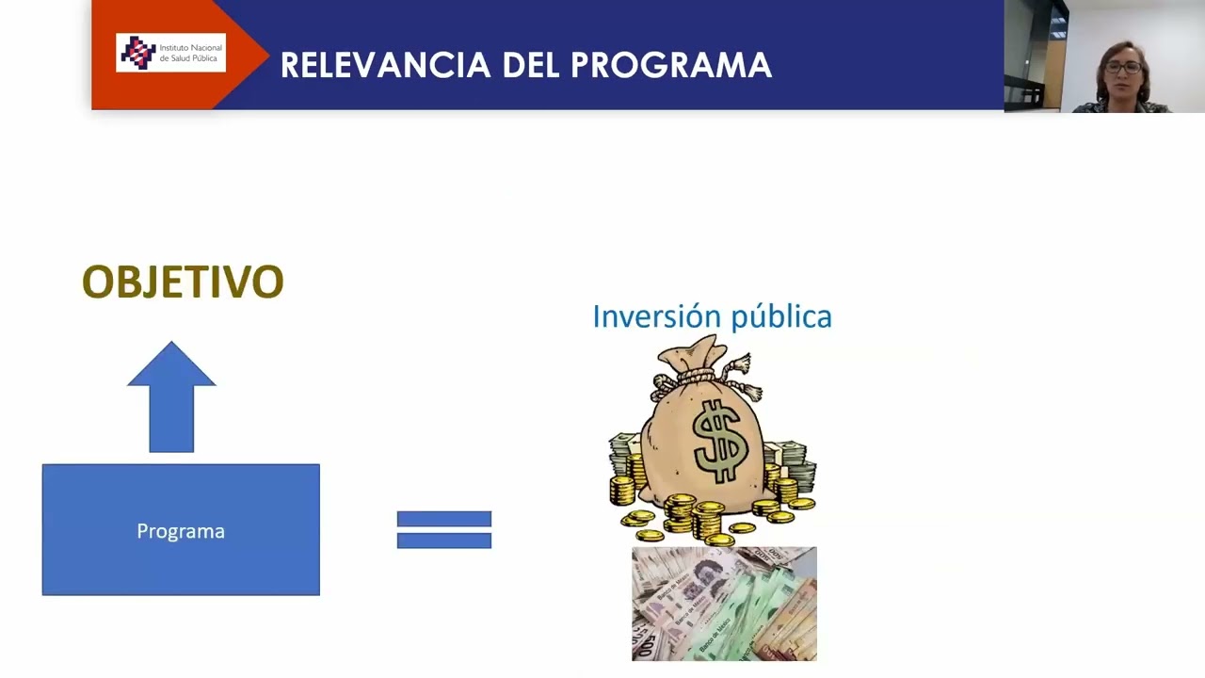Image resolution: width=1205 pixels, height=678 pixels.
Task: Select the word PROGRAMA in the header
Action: (671, 65)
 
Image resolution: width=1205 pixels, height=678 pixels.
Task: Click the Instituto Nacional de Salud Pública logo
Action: (170, 53)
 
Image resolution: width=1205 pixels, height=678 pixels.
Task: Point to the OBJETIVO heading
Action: (183, 282)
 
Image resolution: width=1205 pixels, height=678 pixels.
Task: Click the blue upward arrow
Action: (171, 395)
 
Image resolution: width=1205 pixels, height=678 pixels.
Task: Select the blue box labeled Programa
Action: (181, 529)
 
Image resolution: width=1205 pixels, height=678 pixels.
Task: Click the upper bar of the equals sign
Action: (443, 519)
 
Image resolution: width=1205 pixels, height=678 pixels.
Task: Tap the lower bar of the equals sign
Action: (443, 541)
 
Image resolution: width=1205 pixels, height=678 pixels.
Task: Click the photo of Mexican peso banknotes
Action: (724, 604)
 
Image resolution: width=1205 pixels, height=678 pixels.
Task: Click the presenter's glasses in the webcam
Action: (1122, 67)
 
